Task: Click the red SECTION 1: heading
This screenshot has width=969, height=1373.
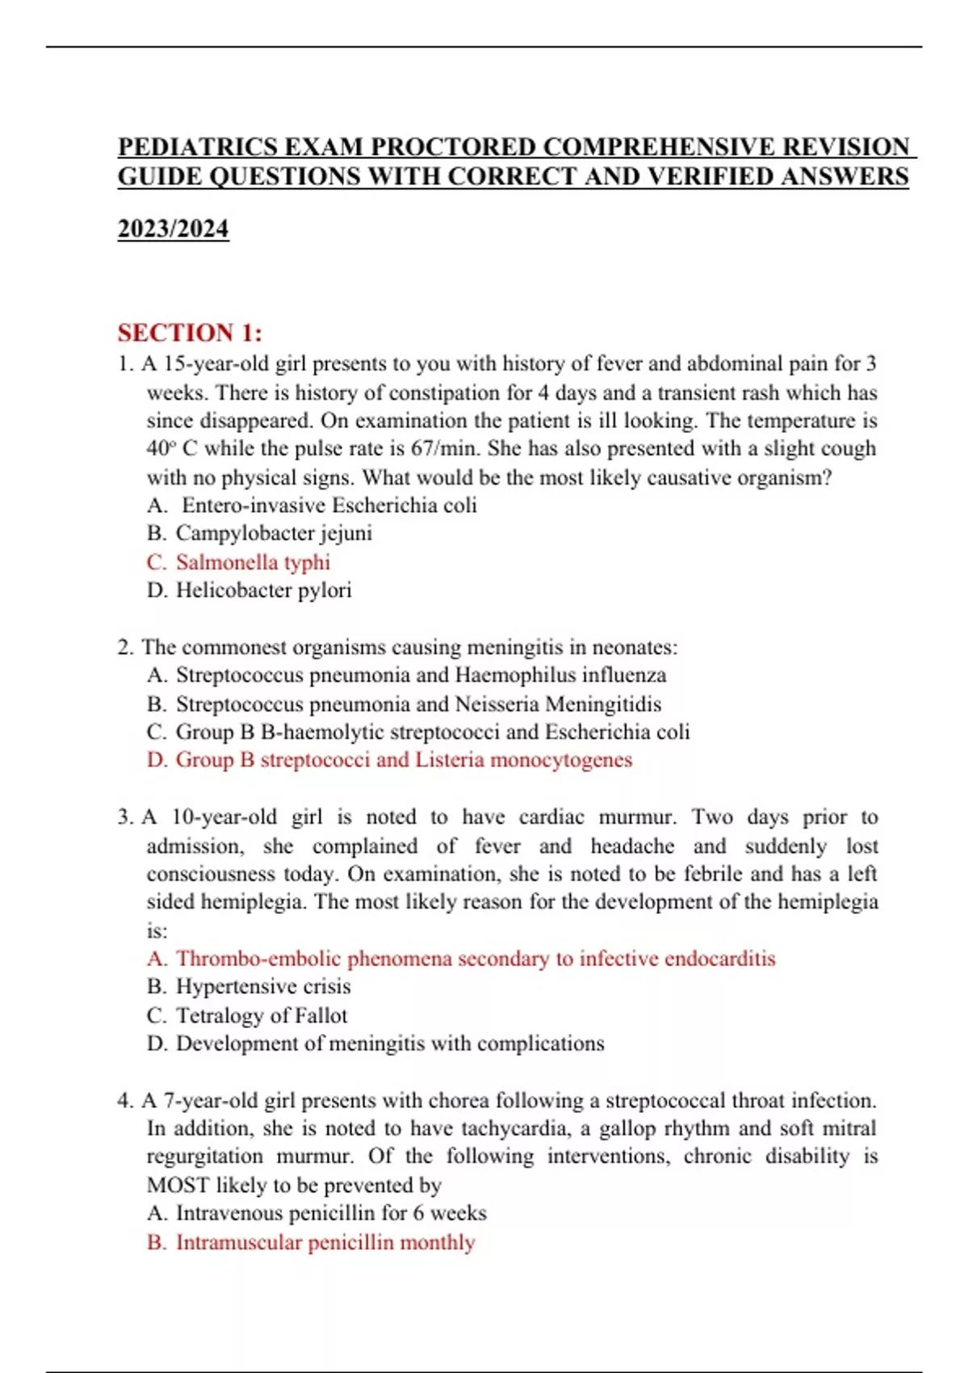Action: click(190, 333)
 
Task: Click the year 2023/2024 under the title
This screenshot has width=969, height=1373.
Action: click(173, 229)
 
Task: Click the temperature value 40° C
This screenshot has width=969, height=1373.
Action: click(172, 449)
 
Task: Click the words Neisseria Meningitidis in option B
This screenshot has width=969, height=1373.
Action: click(558, 704)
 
